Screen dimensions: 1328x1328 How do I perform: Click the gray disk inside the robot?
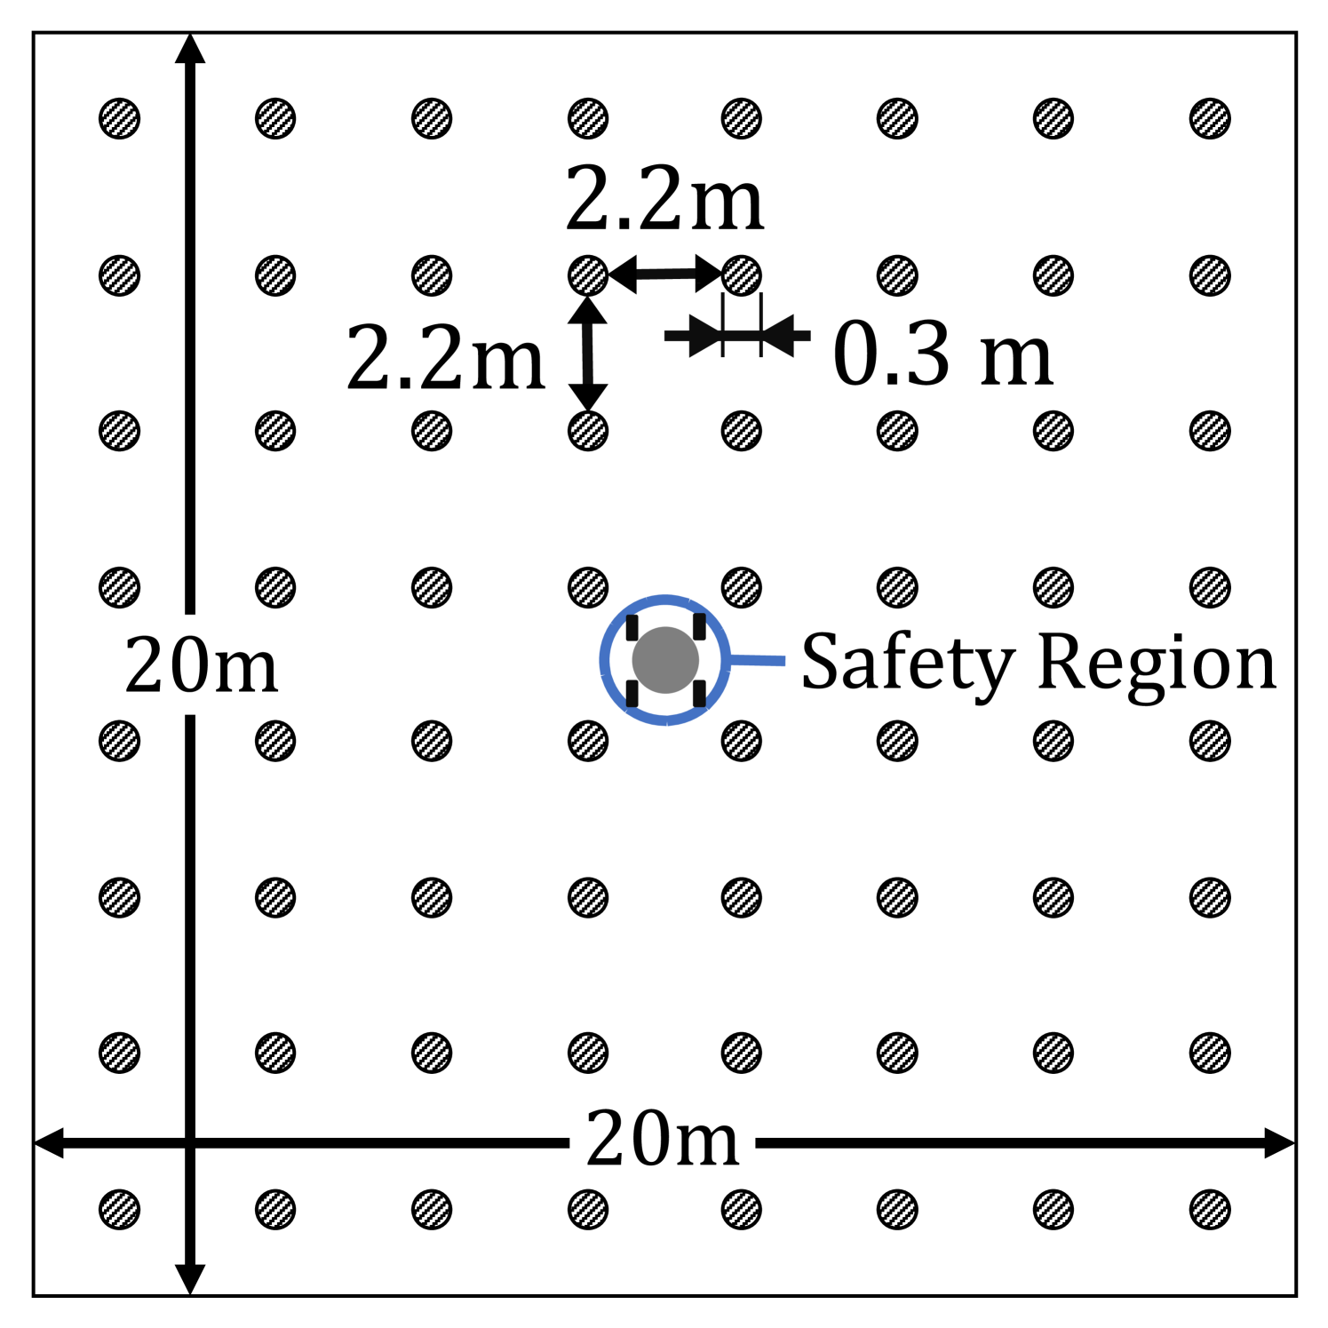coord(665,660)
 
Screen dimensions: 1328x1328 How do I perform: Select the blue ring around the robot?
coord(666,600)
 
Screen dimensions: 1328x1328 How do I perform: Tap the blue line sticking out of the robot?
coord(759,660)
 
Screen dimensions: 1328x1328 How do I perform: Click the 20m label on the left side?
coord(201,664)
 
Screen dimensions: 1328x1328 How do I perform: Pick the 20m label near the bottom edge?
coord(663,1138)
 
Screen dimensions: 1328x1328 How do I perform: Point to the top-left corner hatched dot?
coord(120,118)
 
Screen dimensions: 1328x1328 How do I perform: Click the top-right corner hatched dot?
coord(1210,118)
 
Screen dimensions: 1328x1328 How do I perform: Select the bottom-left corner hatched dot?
coord(120,1209)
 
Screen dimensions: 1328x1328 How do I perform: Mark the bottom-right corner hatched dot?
coord(1210,1209)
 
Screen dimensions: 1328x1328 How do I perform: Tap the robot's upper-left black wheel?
coord(632,627)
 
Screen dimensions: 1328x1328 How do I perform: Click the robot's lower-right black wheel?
coord(699,693)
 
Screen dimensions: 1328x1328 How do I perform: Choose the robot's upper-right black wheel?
coord(699,627)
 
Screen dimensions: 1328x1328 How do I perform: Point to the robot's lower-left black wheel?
coord(632,693)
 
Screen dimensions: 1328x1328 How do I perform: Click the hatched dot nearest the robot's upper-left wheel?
coord(588,587)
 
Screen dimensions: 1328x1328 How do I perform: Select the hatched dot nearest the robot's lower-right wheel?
coord(742,741)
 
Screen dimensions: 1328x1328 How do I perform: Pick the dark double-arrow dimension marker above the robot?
coord(737,336)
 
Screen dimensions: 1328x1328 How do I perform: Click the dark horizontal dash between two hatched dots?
coord(665,274)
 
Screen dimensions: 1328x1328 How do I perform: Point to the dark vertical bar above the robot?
coord(587,354)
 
